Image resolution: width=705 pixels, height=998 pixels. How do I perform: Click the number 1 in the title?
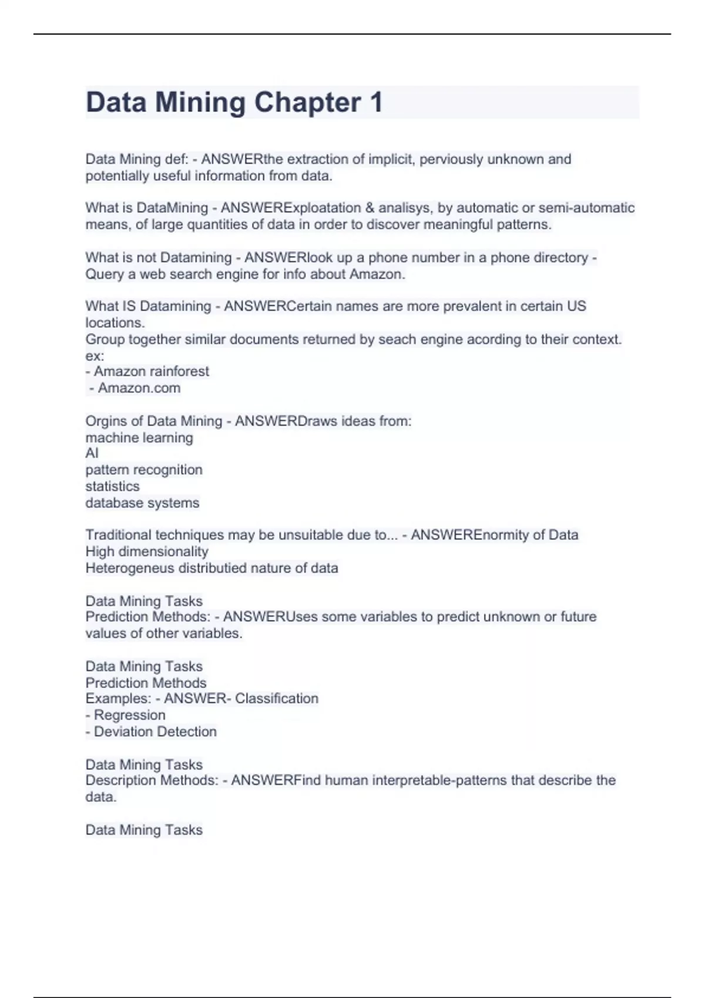(376, 102)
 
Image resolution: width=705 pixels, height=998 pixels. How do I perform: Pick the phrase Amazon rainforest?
(151, 372)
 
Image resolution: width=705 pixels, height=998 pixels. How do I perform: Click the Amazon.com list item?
(139, 388)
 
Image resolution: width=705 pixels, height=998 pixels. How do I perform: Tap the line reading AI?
(92, 453)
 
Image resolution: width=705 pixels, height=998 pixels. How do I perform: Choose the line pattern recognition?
(144, 470)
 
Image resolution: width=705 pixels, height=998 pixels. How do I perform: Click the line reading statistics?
(112, 486)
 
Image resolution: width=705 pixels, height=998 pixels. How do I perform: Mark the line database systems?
(142, 503)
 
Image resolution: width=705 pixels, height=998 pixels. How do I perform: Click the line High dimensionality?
(147, 551)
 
